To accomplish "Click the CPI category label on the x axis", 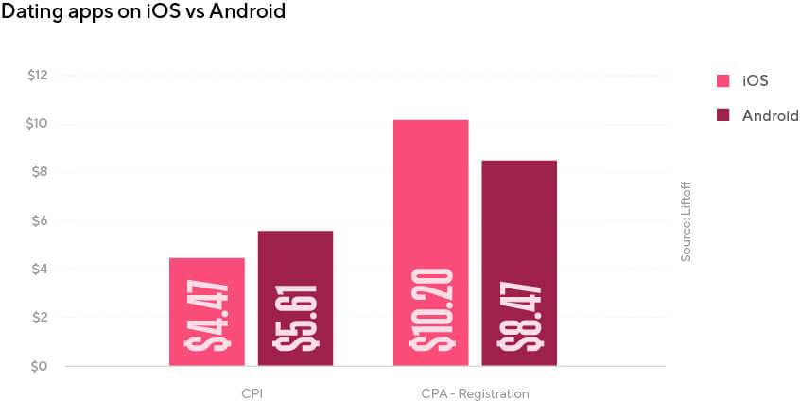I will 252,392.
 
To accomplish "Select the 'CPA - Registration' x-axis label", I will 475,392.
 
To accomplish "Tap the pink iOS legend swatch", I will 723,80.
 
